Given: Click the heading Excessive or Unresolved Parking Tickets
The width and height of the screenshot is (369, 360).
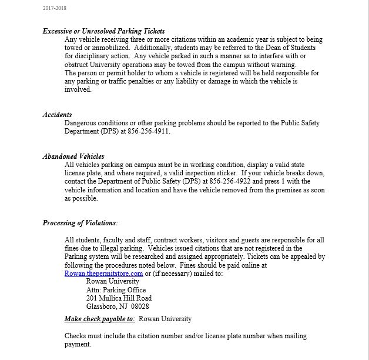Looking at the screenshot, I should [x=103, y=31].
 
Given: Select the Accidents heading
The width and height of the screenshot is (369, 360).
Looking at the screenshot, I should [x=57, y=115].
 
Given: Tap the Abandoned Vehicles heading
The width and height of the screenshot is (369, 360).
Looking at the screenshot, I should [x=73, y=156].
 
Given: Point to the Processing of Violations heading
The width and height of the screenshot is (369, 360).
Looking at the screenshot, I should [x=80, y=223].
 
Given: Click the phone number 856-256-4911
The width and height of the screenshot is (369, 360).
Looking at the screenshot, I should [x=151, y=131].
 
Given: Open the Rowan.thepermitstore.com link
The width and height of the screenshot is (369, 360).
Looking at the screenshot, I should [x=103, y=274].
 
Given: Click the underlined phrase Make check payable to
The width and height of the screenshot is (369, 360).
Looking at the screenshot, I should [x=100, y=319].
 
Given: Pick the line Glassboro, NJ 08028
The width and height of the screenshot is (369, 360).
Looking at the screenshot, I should [x=118, y=306].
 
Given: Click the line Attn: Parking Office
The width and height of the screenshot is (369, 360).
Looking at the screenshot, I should [x=112, y=290].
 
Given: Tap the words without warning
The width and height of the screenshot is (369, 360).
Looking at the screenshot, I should [x=272, y=64].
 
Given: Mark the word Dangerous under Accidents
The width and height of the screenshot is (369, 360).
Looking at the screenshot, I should [x=80, y=123].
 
